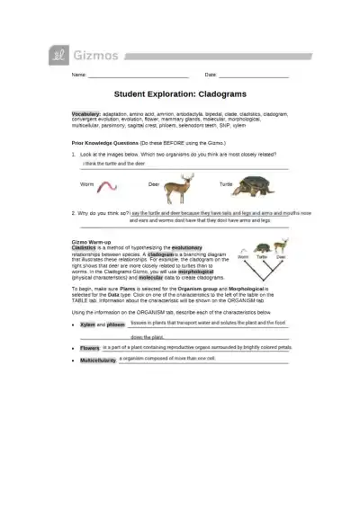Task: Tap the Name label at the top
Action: click(x=78, y=74)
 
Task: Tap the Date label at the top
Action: click(x=211, y=74)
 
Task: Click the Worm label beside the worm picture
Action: click(x=86, y=183)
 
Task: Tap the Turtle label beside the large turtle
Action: click(x=226, y=183)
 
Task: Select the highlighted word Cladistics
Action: click(x=84, y=246)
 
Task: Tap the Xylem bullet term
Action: click(x=87, y=324)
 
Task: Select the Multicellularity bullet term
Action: click(x=98, y=360)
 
